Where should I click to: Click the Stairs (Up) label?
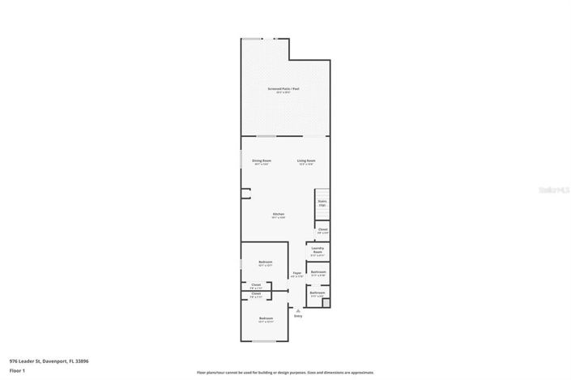322,203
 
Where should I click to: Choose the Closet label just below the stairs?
322,230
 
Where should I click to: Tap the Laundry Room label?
317,250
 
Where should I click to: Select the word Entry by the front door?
298,316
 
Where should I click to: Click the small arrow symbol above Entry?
298,310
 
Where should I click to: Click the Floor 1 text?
17,370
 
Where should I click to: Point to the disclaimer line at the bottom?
286,373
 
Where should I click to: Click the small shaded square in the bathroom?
326,304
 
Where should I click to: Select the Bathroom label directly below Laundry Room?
318,272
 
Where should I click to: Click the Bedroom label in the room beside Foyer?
266,263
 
